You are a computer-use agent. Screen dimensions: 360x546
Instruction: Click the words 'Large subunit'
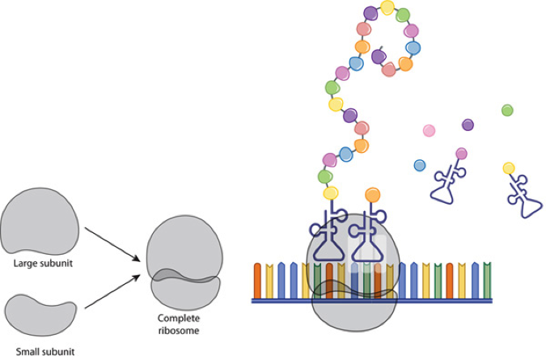[x=39, y=263]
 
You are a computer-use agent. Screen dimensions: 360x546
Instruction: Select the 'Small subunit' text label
[x=40, y=352]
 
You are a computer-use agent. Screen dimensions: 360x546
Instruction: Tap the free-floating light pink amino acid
[x=429, y=130]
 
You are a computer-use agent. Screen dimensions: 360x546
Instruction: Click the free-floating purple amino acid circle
[x=468, y=125]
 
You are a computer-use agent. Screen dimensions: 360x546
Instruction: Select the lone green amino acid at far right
[x=507, y=110]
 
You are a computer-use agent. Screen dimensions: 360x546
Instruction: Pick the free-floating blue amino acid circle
[x=420, y=165]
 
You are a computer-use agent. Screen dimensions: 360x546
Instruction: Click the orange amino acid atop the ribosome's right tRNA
[x=372, y=194]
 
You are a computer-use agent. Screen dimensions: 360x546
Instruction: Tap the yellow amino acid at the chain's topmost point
[x=387, y=8]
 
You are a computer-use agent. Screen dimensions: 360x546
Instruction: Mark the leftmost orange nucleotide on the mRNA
[x=258, y=280]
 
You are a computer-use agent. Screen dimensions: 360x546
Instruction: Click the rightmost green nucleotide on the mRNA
[x=487, y=280]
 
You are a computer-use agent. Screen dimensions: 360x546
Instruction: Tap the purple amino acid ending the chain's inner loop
[x=377, y=56]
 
